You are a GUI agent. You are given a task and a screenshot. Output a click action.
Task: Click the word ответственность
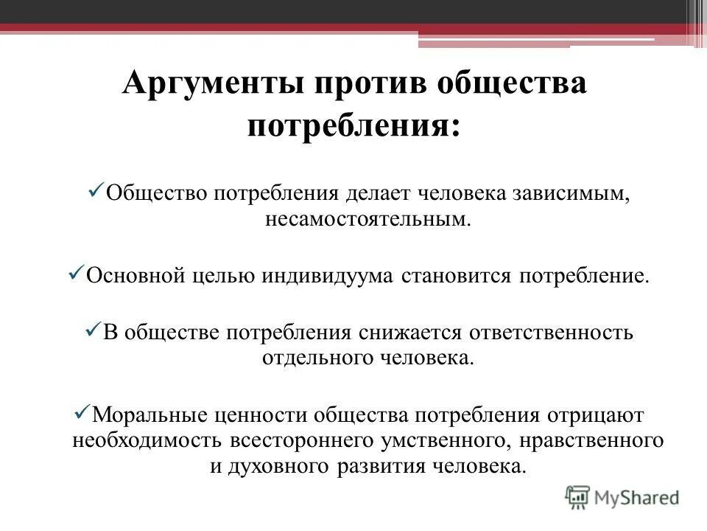click(x=547, y=332)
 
